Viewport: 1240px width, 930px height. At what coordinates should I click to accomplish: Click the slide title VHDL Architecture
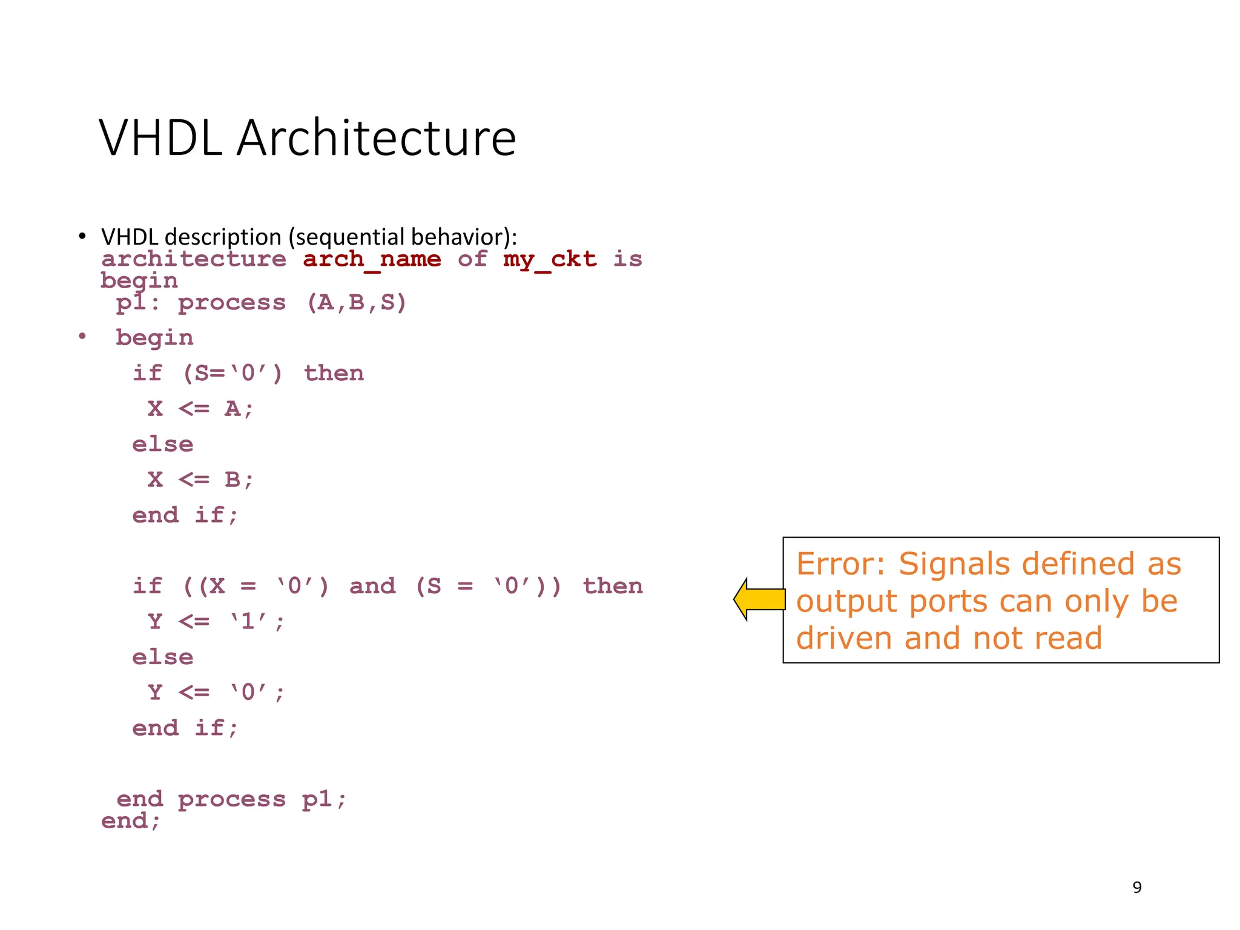point(307,138)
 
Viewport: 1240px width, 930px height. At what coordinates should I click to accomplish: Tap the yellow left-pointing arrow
point(759,599)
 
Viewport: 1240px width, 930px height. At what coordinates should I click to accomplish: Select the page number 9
point(1136,887)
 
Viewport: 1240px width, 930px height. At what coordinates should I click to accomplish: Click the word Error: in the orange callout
point(840,564)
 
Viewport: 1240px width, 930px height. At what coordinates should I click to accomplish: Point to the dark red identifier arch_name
point(372,260)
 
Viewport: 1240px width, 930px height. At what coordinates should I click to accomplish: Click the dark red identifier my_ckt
point(549,260)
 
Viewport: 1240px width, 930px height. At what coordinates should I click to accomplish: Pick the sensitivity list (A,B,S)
point(357,302)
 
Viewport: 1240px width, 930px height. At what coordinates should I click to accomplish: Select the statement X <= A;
point(200,409)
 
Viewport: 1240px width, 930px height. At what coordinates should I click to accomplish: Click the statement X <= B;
point(200,480)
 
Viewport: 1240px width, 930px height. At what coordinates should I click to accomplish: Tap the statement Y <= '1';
point(216,621)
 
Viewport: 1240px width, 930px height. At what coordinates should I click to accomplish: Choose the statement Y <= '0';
point(216,692)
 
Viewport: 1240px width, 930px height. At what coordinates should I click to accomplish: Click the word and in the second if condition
point(372,586)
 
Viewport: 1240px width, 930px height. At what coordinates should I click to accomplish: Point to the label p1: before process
point(138,302)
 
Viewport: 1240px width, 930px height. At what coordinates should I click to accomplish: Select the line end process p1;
point(231,799)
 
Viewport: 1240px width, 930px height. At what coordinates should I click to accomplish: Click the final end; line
point(131,821)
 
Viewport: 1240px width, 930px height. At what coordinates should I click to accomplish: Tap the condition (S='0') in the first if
point(232,373)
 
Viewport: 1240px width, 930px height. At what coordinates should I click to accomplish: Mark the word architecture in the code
point(194,260)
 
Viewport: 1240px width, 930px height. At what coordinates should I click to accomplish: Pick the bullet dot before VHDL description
point(82,237)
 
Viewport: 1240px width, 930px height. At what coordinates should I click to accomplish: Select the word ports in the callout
point(948,601)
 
